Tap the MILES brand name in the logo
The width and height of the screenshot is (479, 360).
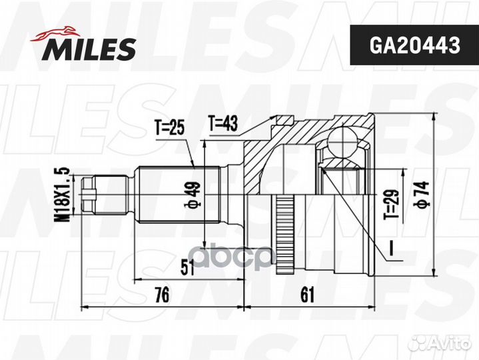coord(91,48)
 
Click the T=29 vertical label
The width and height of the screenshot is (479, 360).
coord(393,203)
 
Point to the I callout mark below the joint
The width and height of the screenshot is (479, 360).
coord(393,254)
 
